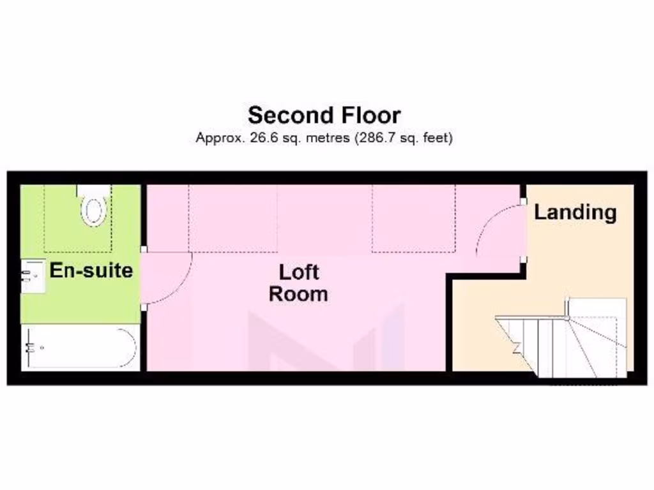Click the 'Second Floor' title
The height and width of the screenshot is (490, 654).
324,115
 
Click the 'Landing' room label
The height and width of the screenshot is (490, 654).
575,212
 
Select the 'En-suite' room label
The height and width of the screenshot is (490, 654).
91,270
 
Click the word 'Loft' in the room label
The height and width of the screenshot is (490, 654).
298,272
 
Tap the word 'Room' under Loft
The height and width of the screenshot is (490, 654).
298,294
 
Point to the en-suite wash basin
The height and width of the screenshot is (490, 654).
32,276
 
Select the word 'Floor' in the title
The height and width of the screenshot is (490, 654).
367,115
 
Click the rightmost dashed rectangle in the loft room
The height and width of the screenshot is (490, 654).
413,218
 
